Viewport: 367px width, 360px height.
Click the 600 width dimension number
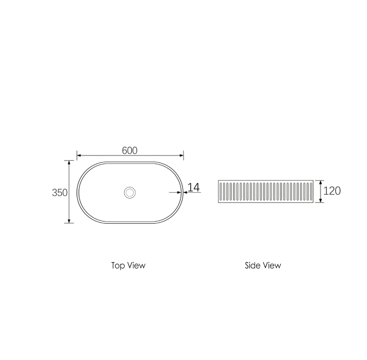pyautogui.click(x=130, y=150)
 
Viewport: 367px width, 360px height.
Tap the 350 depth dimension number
pyautogui.click(x=60, y=193)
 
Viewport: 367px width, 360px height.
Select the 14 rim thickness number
pyautogui.click(x=194, y=187)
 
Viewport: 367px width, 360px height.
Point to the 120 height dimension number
pyautogui.click(x=332, y=191)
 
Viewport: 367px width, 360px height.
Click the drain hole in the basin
pyautogui.click(x=130, y=193)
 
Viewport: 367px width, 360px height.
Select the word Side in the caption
pyautogui.click(x=252, y=265)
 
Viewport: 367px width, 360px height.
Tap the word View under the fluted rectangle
pyautogui.click(x=272, y=265)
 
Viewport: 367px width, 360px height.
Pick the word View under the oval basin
pyautogui.click(x=136, y=266)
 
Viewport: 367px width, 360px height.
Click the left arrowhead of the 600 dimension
pyautogui.click(x=79, y=155)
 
